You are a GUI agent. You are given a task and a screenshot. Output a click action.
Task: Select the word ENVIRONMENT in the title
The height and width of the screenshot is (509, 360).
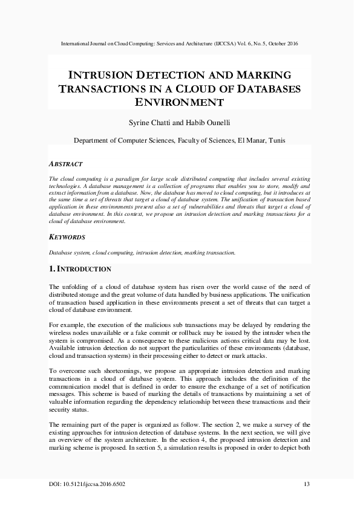point(180,102)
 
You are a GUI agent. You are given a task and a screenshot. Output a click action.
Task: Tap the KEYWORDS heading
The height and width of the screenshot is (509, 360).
point(67,237)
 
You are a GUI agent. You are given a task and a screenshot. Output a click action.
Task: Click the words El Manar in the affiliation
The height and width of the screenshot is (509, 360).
point(254,140)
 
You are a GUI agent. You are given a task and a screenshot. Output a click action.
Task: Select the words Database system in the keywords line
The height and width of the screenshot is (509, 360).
point(68,252)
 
